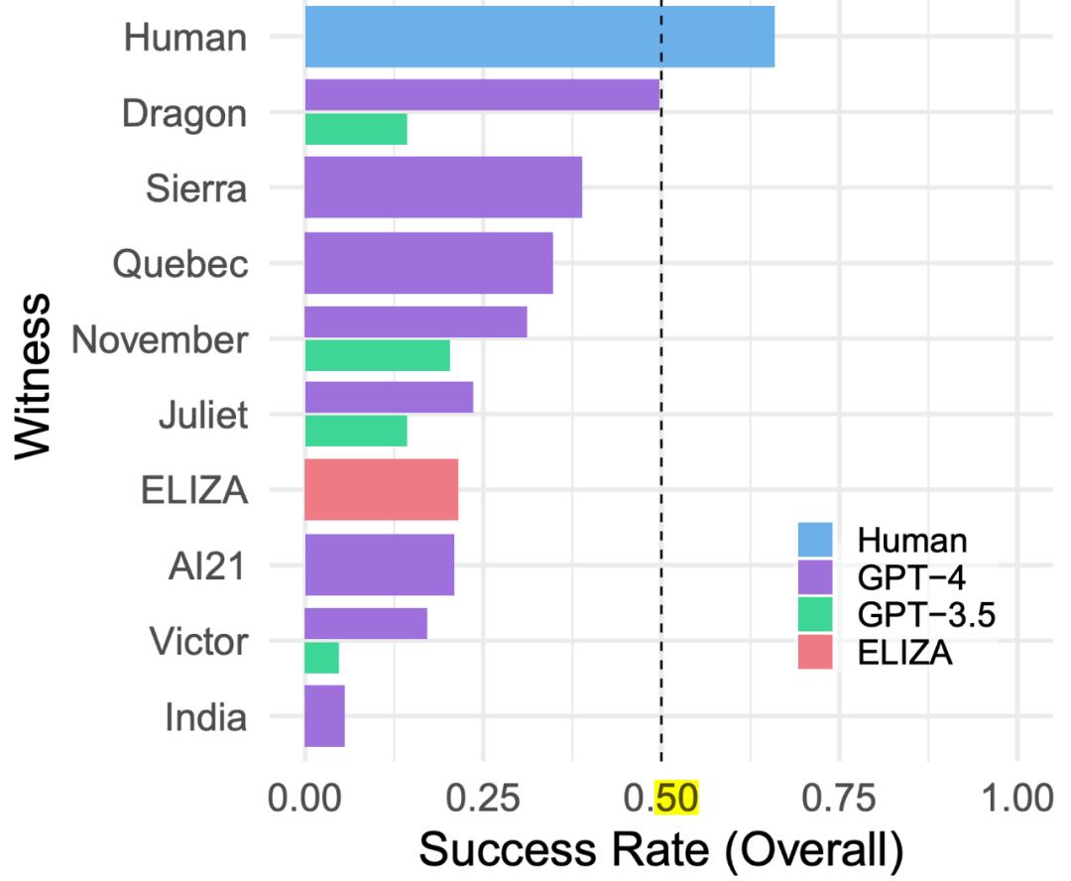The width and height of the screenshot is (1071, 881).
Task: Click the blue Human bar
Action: tap(538, 36)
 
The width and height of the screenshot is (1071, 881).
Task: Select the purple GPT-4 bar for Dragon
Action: tap(482, 94)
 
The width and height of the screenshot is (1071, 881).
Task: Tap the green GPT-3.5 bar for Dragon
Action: tap(355, 129)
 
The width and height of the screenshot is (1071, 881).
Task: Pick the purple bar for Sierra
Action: tap(442, 188)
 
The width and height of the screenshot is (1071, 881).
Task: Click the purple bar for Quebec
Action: tap(428, 263)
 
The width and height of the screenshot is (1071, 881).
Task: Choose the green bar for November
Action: tap(377, 355)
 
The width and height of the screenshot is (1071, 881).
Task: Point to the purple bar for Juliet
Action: tap(389, 397)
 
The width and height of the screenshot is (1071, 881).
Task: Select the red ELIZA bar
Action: tap(381, 489)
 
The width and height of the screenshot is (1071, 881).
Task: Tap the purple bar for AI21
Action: tap(379, 565)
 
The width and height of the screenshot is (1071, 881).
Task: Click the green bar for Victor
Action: tap(321, 657)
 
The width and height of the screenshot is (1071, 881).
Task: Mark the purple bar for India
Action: tap(324, 715)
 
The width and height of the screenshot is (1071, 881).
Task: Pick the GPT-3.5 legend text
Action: tap(925, 615)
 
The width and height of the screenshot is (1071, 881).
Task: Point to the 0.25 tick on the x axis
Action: tap(483, 798)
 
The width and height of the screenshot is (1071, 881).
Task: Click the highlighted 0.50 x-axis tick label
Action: tap(662, 798)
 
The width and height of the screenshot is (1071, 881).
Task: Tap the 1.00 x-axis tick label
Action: tap(1018, 798)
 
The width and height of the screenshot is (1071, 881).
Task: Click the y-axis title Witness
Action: tap(36, 375)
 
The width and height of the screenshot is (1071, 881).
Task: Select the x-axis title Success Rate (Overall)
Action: tap(661, 849)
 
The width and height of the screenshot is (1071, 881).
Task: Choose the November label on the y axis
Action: tap(159, 340)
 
